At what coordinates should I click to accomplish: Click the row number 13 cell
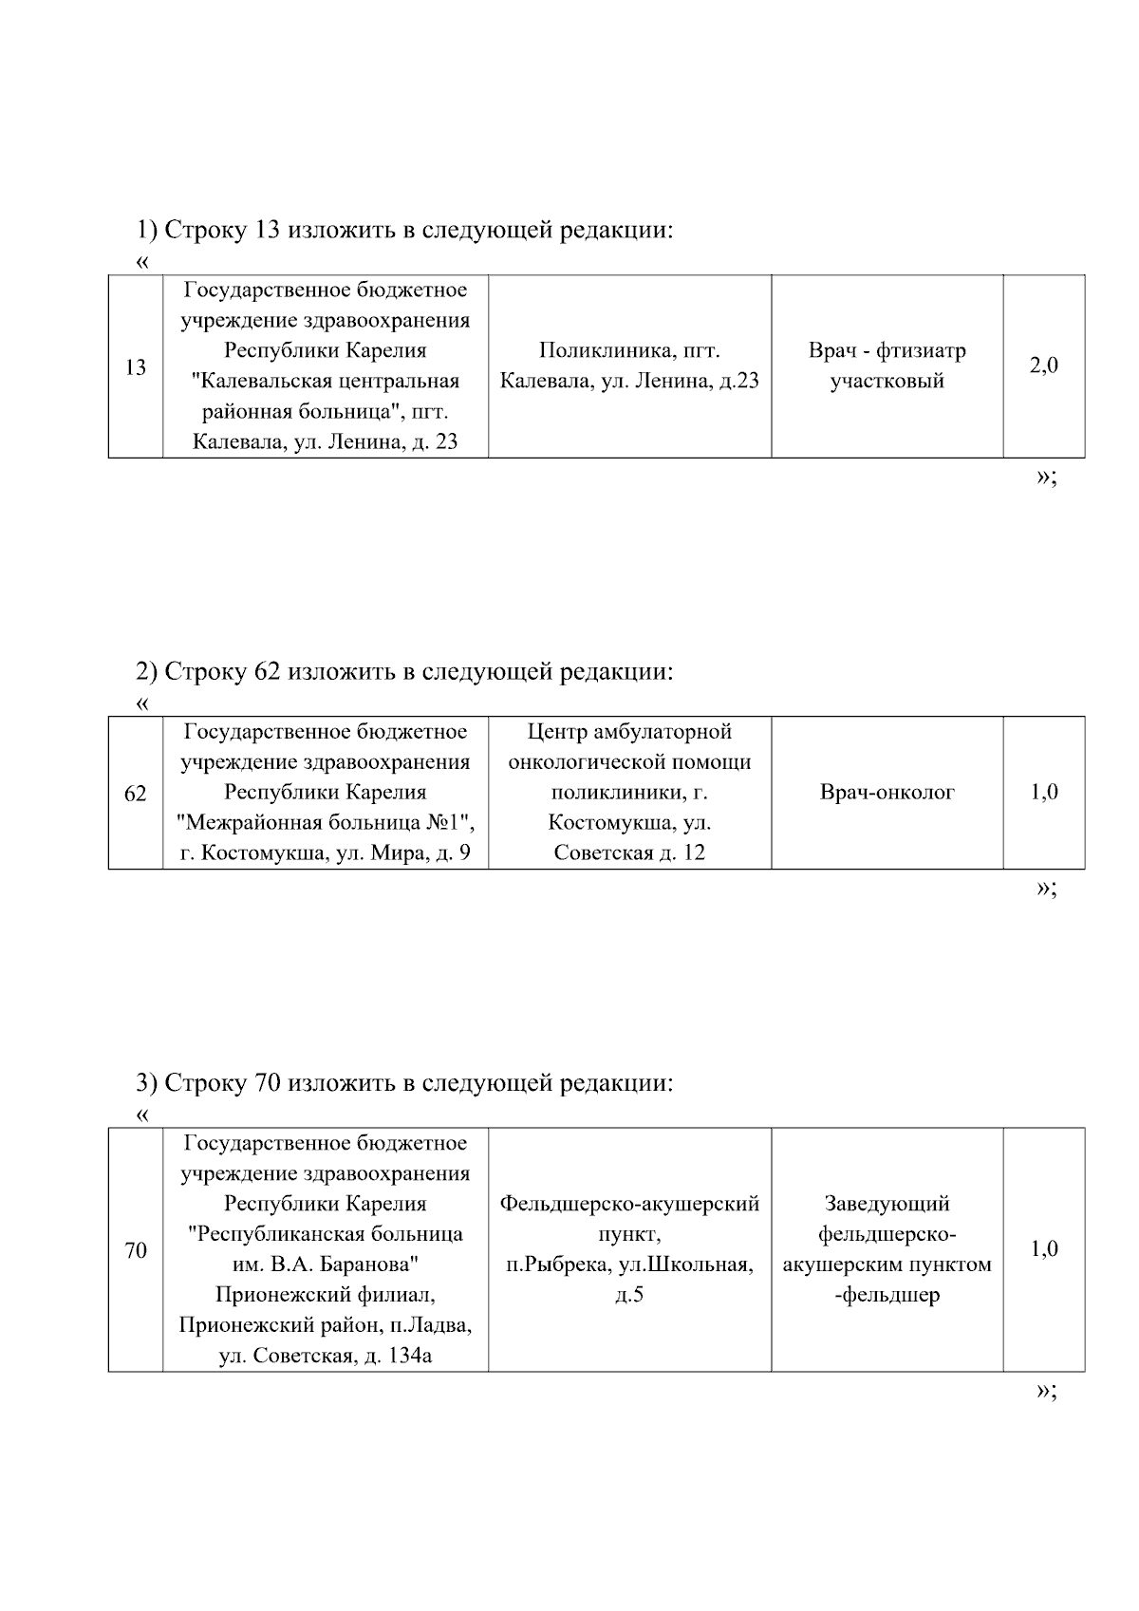click(x=136, y=366)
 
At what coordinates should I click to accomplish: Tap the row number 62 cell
click(x=136, y=793)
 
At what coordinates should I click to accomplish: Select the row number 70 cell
click(x=136, y=1250)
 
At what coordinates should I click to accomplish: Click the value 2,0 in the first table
click(x=1044, y=365)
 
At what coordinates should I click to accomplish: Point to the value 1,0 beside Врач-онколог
click(x=1044, y=792)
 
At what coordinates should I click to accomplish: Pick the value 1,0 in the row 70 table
click(x=1044, y=1248)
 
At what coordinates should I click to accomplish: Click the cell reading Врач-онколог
click(x=887, y=792)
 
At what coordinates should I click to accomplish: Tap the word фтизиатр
click(x=921, y=350)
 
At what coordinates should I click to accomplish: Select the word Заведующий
click(x=887, y=1204)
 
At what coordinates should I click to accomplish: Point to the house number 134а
click(x=410, y=1356)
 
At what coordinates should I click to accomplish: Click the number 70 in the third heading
click(x=268, y=1083)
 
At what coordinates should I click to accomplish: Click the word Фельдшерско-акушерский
click(x=629, y=1204)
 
